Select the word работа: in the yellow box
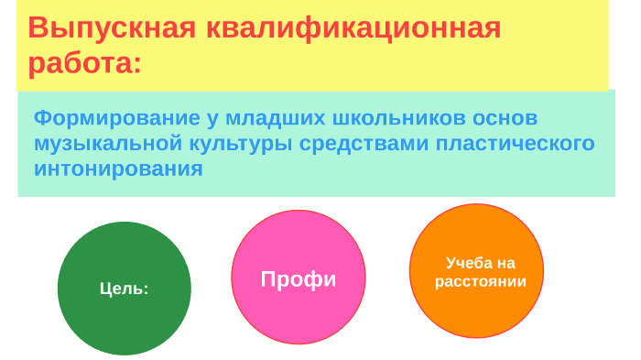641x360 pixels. click(x=85, y=64)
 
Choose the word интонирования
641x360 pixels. click(x=118, y=169)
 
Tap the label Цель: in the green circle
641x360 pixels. click(x=124, y=289)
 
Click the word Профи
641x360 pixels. click(x=299, y=279)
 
